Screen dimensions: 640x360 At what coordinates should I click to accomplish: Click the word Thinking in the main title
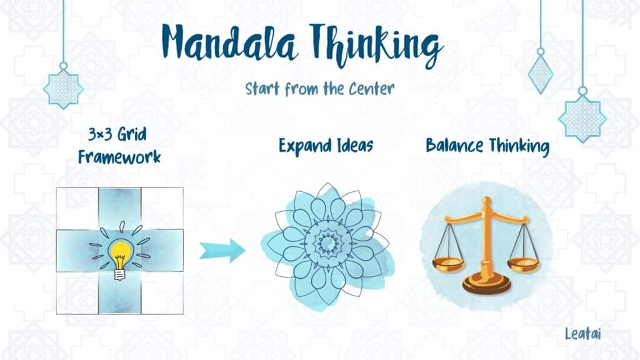(x=376, y=46)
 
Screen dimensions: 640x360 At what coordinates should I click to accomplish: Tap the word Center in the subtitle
(x=371, y=89)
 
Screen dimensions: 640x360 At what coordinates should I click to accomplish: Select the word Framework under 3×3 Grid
(x=119, y=157)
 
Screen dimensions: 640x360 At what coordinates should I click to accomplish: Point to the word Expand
(x=305, y=146)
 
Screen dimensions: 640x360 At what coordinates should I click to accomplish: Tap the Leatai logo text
(x=583, y=334)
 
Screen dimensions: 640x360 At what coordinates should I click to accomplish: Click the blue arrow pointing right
(x=222, y=250)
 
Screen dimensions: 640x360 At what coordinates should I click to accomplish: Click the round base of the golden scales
(x=486, y=283)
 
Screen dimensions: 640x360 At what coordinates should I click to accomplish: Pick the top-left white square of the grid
(x=77, y=208)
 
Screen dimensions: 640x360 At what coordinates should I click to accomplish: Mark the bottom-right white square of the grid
(x=162, y=293)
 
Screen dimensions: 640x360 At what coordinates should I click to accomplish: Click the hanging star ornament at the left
(x=63, y=89)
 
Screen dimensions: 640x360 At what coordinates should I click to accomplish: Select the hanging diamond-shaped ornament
(x=541, y=74)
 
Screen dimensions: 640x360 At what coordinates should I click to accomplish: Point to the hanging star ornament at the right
(x=582, y=118)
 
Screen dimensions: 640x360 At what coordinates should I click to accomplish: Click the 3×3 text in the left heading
(x=99, y=134)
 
